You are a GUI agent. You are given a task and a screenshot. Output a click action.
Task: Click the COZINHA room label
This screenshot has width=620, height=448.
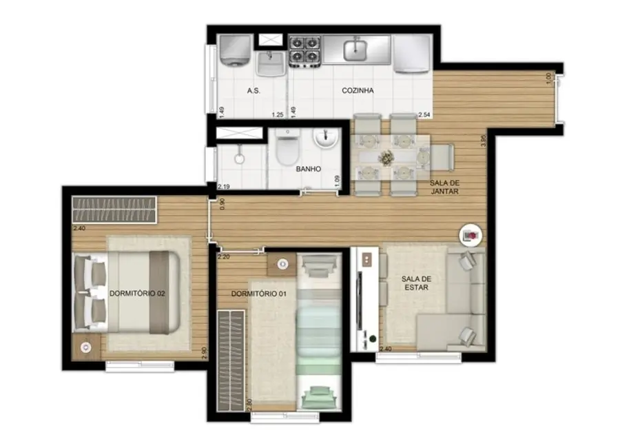point(358,90)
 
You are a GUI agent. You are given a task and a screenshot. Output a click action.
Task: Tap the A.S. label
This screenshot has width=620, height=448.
point(253,90)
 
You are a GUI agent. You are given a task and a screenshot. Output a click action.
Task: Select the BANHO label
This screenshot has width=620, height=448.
point(308,168)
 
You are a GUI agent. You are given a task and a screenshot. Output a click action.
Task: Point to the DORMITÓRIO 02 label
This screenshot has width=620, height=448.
point(137,294)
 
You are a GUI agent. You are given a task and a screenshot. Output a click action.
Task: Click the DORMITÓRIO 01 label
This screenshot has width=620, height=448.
point(258,294)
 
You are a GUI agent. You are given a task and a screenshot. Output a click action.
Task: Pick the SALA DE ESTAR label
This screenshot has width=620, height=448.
point(415,283)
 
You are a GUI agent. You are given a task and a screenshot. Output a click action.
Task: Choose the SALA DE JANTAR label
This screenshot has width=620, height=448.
point(444,187)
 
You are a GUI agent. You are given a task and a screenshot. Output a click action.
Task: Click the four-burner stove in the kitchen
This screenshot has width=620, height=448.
point(304,50)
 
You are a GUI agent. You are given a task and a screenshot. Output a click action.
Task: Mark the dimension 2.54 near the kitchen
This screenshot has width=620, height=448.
point(424,114)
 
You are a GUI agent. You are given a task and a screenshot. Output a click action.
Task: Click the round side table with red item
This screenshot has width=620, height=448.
point(471,235)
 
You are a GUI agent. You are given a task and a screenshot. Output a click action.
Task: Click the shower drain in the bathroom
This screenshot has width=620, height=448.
point(239,159)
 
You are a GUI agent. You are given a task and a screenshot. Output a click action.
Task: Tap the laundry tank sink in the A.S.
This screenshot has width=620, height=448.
point(271,64)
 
